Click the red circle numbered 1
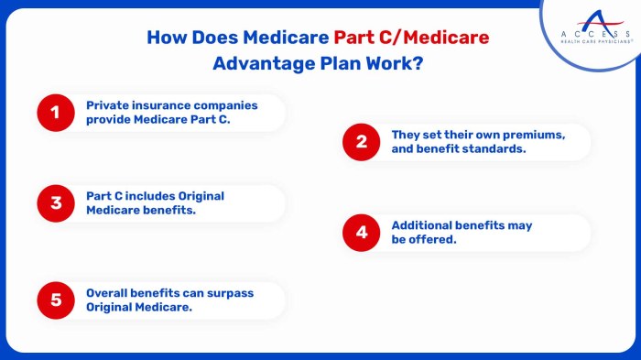click(54, 113)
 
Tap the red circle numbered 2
click(361, 142)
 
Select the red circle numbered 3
click(54, 203)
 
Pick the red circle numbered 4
click(361, 233)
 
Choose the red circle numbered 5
click(54, 300)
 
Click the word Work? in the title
click(398, 64)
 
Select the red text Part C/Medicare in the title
click(411, 38)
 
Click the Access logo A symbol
click(594, 16)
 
